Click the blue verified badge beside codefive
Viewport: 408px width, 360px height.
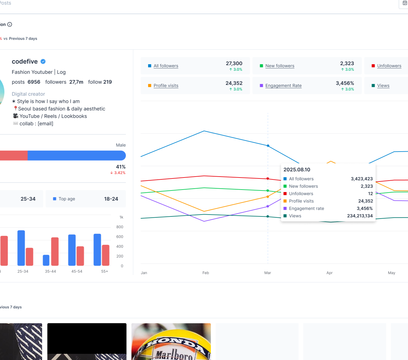(x=43, y=61)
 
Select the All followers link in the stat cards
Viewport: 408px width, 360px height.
(x=166, y=66)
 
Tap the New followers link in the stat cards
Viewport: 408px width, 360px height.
(x=280, y=66)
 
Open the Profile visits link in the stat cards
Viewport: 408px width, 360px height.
(x=166, y=86)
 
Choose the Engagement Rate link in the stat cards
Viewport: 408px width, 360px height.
(x=283, y=86)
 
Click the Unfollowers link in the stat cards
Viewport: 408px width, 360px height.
(x=389, y=66)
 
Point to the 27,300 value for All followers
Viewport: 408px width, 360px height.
(x=234, y=63)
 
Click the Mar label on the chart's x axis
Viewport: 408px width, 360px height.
(x=268, y=273)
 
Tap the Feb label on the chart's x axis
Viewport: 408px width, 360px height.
(x=206, y=273)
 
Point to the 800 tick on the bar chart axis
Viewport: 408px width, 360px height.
(x=120, y=227)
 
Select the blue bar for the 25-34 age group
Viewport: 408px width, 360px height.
(x=21, y=248)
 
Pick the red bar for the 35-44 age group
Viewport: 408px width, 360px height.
(x=55, y=251)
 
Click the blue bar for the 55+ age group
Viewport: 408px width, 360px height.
(x=97, y=249)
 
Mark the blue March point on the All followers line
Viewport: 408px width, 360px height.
(x=268, y=146)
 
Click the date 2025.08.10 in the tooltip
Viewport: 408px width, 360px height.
(x=297, y=170)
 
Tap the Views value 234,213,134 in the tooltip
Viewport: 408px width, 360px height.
(x=360, y=216)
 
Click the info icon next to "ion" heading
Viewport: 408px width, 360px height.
(x=10, y=24)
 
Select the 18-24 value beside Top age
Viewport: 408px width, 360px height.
(x=111, y=199)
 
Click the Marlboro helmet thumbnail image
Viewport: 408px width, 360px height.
(x=171, y=341)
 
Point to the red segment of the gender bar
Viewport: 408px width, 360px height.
(x=14, y=156)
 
